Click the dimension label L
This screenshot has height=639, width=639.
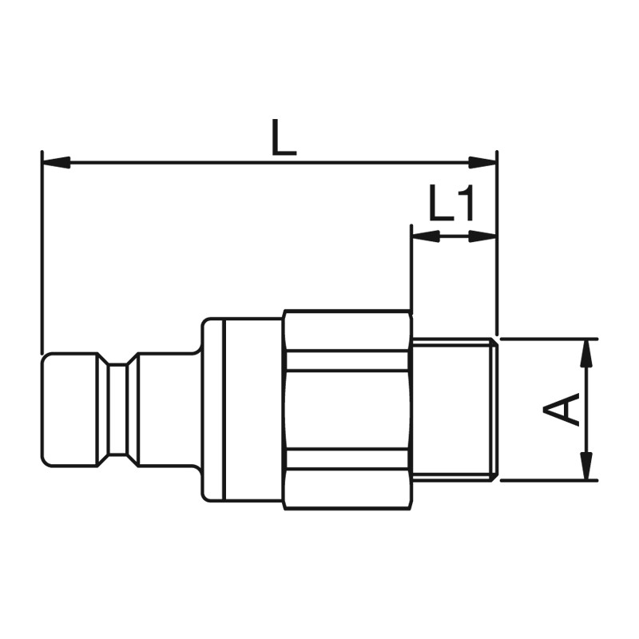tap(284, 137)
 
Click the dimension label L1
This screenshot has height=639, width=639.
tap(451, 203)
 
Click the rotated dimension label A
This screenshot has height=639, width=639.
tap(562, 409)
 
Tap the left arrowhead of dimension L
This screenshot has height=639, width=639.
tap(56, 162)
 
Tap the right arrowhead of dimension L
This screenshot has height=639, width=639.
tap(482, 162)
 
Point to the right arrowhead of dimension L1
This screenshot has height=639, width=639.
tap(482, 236)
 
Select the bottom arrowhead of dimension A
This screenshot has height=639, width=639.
tap(587, 466)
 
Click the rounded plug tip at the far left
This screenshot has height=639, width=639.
tap(69, 410)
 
